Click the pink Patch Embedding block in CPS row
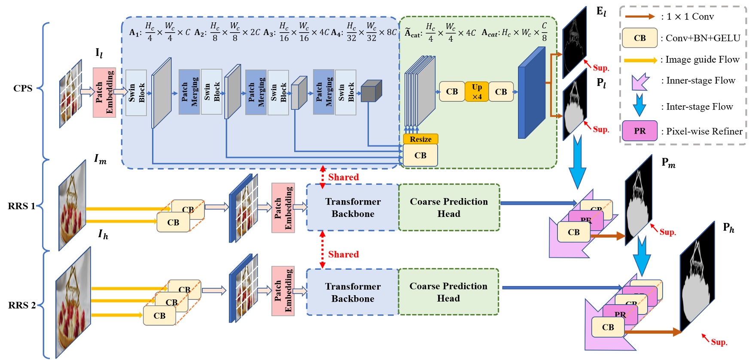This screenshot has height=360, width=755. click(104, 92)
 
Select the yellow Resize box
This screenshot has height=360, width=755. click(420, 139)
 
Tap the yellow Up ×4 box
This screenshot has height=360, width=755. click(477, 92)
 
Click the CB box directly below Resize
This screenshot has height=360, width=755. click(420, 155)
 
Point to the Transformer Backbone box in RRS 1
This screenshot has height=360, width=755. click(353, 207)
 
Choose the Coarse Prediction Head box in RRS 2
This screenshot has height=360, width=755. click(448, 292)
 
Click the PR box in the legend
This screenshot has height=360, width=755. click(639, 131)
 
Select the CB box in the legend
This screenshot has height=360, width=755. click(639, 38)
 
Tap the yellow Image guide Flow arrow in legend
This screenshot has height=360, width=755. click(640, 60)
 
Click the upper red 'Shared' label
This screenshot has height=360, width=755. click(343, 177)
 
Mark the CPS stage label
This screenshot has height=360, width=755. click(23, 88)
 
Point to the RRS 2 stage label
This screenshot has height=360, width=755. click(21, 305)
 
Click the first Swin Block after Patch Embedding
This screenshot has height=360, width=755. click(136, 93)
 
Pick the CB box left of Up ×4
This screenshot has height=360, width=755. click(452, 92)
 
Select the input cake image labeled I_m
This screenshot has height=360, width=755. click(72, 205)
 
